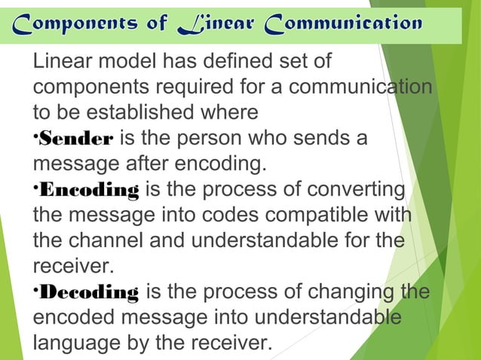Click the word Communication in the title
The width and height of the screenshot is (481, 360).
[345, 23]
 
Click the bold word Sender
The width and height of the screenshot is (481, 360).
[75, 138]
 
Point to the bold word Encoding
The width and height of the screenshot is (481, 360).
[88, 189]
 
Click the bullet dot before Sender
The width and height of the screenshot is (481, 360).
[35, 136]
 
